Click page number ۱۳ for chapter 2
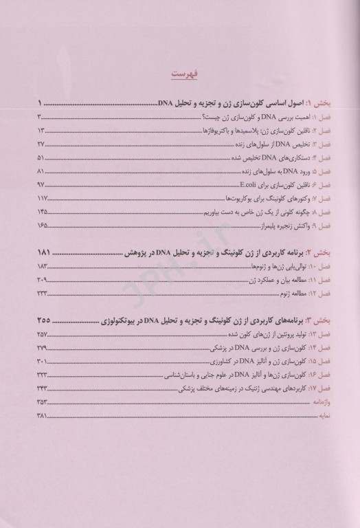pyautogui.click(x=41, y=131)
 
